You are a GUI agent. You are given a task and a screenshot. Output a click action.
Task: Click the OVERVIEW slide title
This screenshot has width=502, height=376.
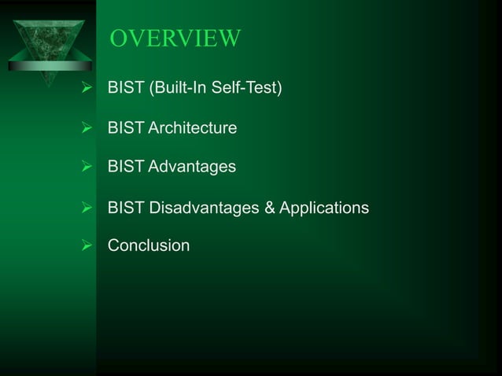175,38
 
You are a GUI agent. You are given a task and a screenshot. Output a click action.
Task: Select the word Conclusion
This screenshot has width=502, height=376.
149,246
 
